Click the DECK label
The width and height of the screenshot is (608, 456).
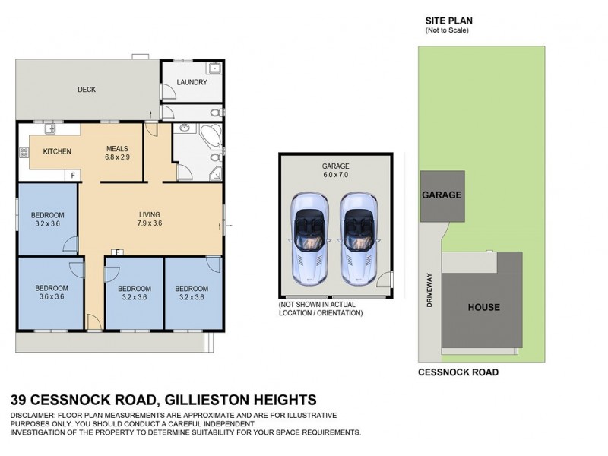(x=87, y=90)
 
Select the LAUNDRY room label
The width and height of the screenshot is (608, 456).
(x=192, y=82)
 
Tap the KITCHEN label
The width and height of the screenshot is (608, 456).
(x=57, y=151)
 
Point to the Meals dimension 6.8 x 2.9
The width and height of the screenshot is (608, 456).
(x=118, y=157)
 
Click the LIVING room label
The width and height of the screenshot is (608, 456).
(x=149, y=214)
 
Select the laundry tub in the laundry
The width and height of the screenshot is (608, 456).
(x=215, y=69)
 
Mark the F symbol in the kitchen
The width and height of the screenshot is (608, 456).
(x=73, y=176)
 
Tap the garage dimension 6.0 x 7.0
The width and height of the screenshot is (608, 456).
(x=335, y=175)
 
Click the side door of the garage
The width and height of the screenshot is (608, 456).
(x=387, y=285)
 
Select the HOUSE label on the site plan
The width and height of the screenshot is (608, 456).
(x=483, y=307)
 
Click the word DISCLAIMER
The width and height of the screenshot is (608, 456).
(x=33, y=416)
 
